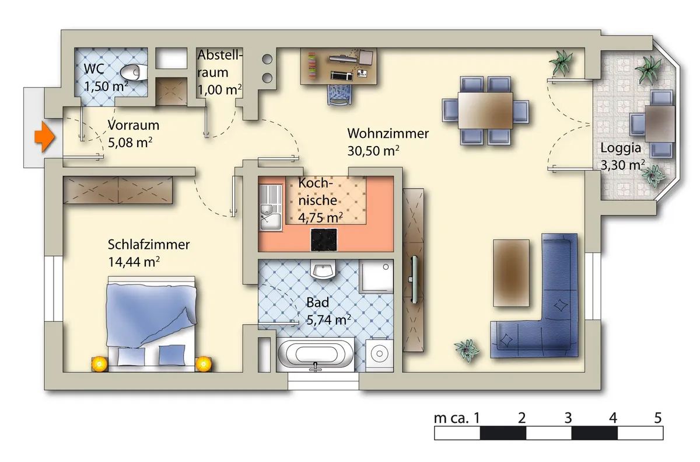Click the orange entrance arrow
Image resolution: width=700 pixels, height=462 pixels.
45,137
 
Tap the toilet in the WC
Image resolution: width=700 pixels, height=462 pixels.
134,72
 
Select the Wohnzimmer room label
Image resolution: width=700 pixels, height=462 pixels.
388,134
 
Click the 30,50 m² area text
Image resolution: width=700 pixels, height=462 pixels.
373,151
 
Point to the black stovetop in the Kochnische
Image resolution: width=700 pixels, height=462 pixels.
324,239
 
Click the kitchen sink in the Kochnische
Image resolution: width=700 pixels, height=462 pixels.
271,208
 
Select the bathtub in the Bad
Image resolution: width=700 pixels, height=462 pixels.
316,355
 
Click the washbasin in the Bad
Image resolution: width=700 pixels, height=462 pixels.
323,270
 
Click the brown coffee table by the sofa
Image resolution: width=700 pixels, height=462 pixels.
511,273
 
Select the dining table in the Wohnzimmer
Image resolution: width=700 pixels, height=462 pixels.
485,110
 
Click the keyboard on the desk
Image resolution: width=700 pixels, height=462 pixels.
342,76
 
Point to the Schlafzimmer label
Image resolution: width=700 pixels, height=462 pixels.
149,245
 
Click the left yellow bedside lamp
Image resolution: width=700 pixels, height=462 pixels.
99,364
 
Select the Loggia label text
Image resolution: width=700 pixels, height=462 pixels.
621,148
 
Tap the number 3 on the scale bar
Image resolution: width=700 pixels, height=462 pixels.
568,418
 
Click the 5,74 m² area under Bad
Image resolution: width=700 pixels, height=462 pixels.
328,320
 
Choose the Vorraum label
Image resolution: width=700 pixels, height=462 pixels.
134,126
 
